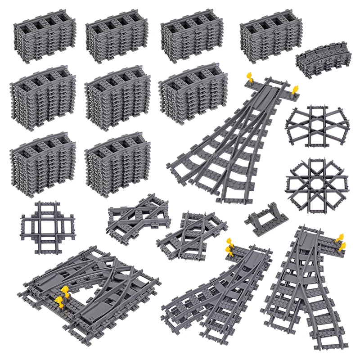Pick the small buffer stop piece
tap(267, 218)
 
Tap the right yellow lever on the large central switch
tap(295, 90)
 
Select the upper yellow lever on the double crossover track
tap(64, 291)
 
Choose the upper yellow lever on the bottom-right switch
tap(340, 238)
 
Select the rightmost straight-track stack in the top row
tap(271, 35)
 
